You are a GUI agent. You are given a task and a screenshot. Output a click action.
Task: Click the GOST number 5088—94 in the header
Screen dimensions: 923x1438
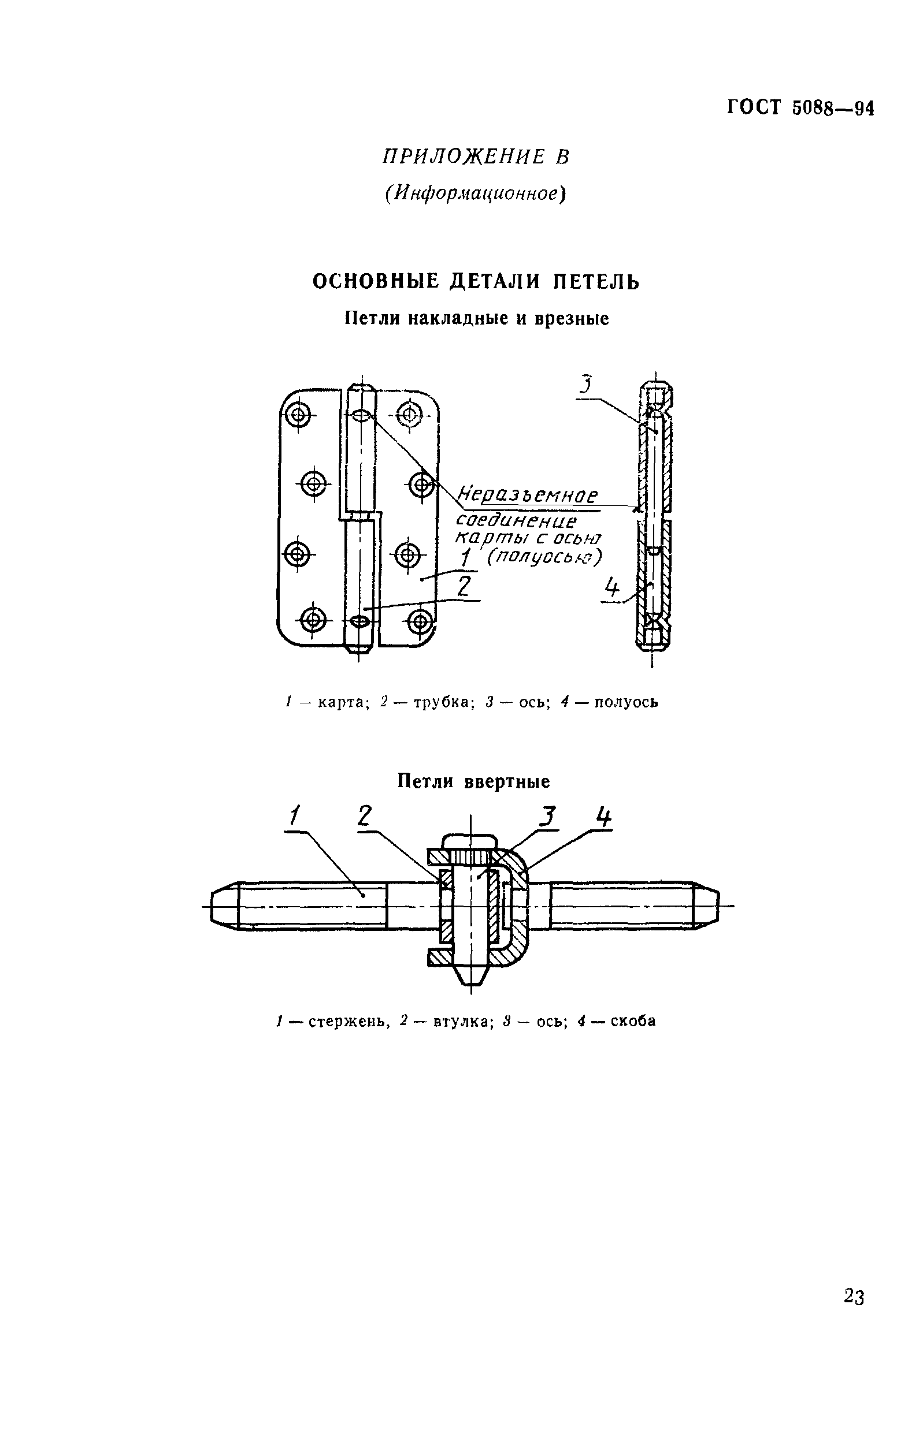point(833,109)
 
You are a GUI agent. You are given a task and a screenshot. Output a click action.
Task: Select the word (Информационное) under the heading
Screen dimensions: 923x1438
point(476,193)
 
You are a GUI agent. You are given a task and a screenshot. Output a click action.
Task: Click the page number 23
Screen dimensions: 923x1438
point(854,1297)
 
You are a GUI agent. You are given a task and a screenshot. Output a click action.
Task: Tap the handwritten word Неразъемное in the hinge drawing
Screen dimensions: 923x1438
point(528,496)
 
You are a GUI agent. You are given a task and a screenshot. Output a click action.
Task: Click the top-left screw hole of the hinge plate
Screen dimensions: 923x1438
point(298,415)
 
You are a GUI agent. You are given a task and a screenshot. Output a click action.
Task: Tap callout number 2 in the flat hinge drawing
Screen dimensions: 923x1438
point(465,586)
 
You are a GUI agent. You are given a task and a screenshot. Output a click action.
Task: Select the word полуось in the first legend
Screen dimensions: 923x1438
point(626,702)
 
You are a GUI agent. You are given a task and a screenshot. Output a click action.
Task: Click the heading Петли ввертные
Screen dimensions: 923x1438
point(474,781)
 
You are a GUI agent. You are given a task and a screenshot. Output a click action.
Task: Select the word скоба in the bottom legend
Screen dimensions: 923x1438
point(633,1020)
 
